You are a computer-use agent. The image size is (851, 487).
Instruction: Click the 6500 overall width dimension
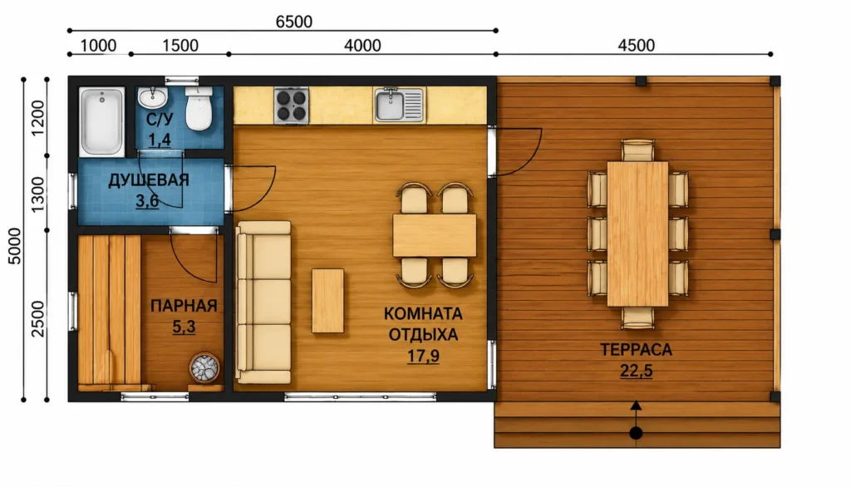tap(293, 22)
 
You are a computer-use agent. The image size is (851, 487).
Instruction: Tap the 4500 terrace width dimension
tap(636, 45)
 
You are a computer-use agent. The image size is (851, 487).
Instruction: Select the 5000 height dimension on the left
tap(15, 246)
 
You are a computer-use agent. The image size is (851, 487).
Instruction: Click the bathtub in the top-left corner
tap(101, 121)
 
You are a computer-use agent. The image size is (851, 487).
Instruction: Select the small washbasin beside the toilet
tap(153, 98)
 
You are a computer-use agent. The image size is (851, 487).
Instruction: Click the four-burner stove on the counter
tap(292, 106)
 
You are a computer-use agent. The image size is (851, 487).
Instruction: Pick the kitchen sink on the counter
tap(399, 104)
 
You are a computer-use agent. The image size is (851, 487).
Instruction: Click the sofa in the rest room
tap(263, 303)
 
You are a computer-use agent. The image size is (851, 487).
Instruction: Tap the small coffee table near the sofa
tap(327, 301)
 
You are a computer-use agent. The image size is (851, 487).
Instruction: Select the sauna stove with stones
tap(204, 368)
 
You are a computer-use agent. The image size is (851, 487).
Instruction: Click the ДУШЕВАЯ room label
tap(149, 180)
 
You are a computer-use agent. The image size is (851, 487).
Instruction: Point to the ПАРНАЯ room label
tap(184, 306)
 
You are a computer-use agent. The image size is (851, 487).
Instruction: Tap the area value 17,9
tap(423, 357)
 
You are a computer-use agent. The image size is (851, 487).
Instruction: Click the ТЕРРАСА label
tap(636, 350)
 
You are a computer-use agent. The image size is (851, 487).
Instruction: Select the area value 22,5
tap(636, 371)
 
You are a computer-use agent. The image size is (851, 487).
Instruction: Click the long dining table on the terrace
tap(637, 234)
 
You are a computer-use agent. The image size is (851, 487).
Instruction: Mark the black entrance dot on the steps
tap(636, 433)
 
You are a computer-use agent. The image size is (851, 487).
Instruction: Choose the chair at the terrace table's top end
tap(637, 150)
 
